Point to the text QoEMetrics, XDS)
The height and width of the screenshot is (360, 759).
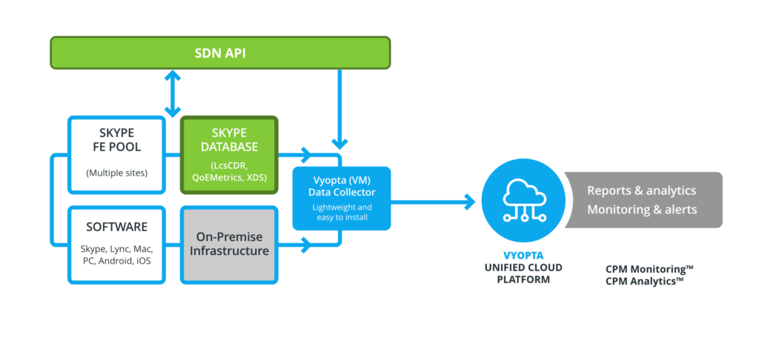(x=229, y=179)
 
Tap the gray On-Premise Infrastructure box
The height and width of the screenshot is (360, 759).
(x=229, y=244)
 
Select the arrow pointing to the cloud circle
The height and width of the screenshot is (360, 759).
(x=467, y=200)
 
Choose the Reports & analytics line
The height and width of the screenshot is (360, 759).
(x=641, y=190)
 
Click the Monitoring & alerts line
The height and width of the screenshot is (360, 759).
(x=641, y=210)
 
